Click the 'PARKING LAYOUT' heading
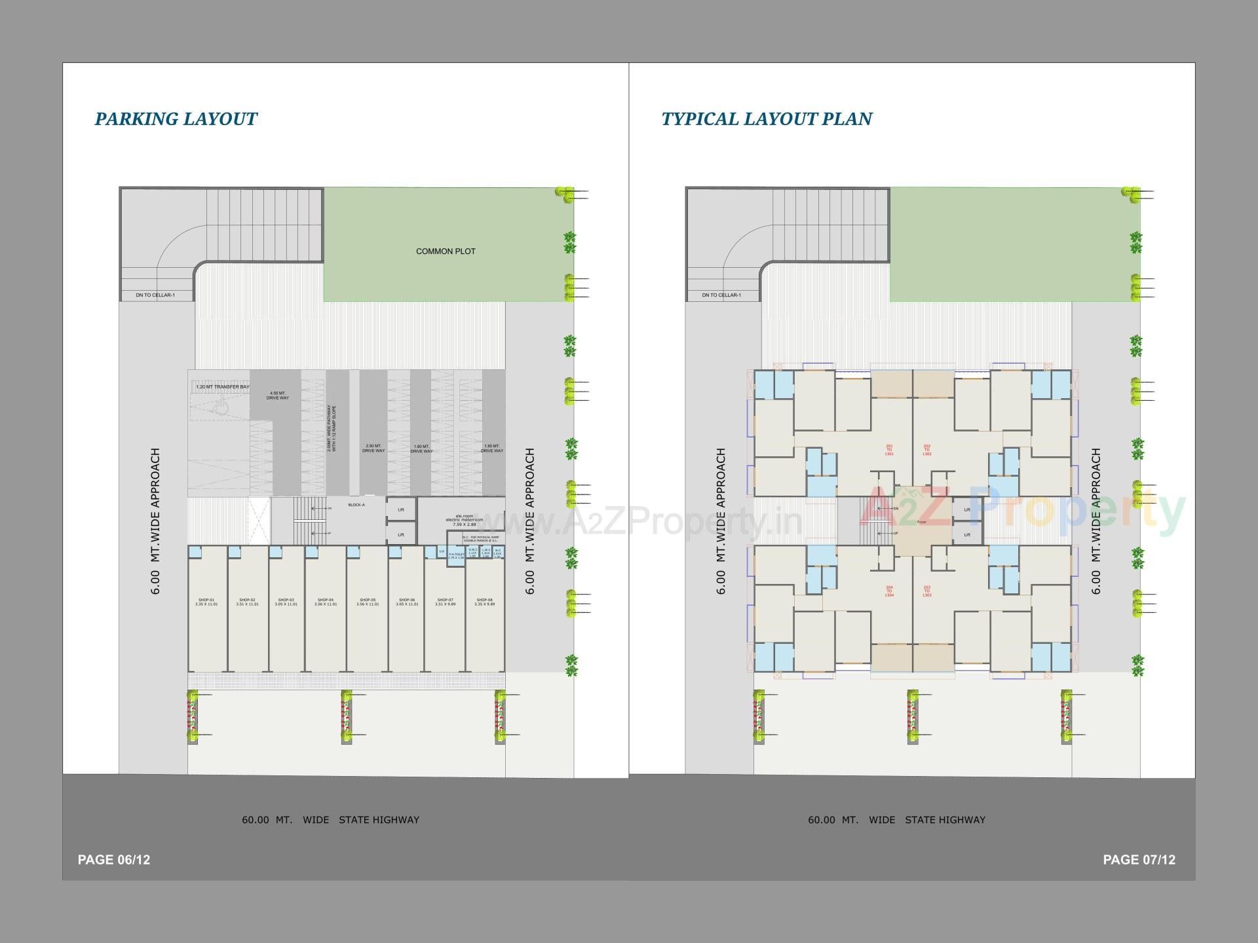click(176, 119)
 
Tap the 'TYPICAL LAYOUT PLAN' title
click(767, 119)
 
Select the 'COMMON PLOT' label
click(446, 251)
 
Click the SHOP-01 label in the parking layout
click(206, 602)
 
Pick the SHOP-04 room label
click(326, 602)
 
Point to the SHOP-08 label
click(484, 602)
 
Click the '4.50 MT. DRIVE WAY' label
click(278, 396)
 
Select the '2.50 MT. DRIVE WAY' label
click(373, 449)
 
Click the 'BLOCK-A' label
click(356, 505)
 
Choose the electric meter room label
click(464, 520)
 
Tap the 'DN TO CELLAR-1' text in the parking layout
click(155, 295)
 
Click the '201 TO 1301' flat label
click(889, 450)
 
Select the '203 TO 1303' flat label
click(926, 591)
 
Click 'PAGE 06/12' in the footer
click(114, 860)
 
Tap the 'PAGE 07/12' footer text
click(1139, 860)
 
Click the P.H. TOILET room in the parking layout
click(456, 556)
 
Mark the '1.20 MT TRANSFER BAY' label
click(223, 387)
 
